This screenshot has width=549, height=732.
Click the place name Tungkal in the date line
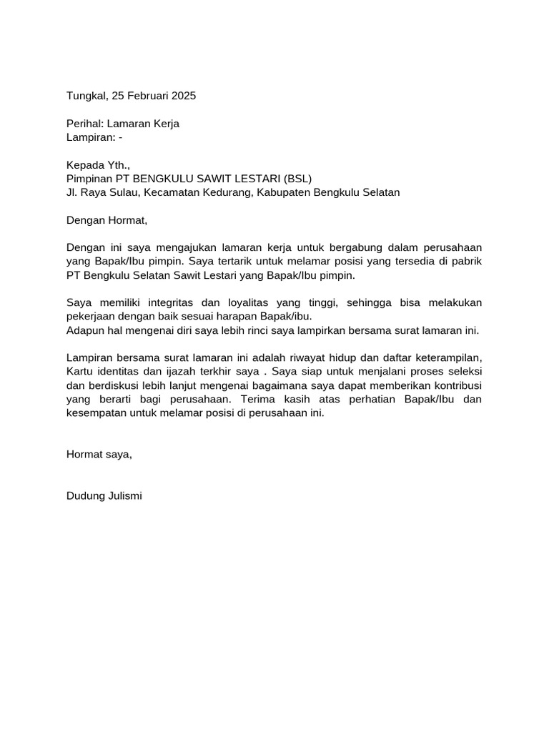pos(86,96)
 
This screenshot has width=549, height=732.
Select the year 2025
pos(182,96)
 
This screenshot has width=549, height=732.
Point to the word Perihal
pos(85,124)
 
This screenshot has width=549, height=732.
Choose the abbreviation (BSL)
pos(298,179)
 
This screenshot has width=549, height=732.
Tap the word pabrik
pos(468,260)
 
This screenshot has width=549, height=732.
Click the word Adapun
pos(85,330)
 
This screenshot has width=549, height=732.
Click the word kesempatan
pos(97,413)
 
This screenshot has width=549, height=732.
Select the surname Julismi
pos(124,495)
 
